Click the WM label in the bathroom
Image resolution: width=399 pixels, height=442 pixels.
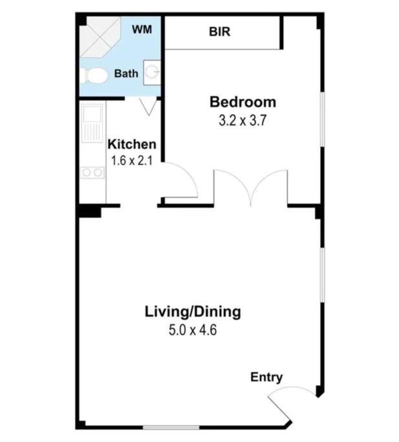(142, 29)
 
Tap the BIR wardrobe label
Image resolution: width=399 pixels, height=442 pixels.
(219, 32)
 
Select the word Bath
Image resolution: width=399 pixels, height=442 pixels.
(126, 74)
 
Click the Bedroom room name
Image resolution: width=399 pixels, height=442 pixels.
(243, 102)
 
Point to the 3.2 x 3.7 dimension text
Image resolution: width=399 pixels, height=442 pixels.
(243, 120)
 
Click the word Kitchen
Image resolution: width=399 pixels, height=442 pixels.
(132, 144)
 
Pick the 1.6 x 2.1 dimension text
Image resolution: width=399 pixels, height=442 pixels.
(132, 160)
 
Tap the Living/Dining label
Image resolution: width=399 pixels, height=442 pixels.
(193, 312)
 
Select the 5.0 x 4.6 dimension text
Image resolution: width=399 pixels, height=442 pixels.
(193, 330)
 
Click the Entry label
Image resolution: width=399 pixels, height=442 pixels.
(266, 377)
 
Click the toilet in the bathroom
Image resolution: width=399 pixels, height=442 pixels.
(94, 76)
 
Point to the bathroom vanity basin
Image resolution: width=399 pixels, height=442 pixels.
(152, 72)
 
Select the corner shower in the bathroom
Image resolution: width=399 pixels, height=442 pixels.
(100, 37)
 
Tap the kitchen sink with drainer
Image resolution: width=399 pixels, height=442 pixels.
(92, 122)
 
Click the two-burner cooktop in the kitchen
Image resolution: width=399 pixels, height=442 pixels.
(92, 172)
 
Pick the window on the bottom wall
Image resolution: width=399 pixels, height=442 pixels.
(171, 428)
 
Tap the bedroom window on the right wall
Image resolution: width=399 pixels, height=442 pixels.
(323, 120)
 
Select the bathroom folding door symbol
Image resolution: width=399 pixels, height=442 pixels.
(148, 107)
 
